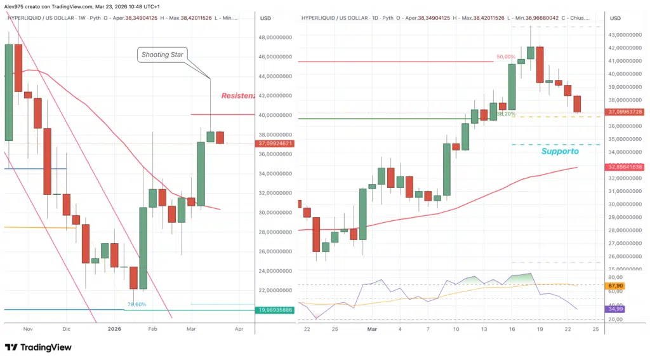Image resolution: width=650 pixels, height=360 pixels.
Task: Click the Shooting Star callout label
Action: pyautogui.click(x=162, y=55)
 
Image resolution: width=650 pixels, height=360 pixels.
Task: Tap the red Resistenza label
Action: pyautogui.click(x=238, y=96)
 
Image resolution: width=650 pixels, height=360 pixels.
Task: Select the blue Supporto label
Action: pyautogui.click(x=559, y=152)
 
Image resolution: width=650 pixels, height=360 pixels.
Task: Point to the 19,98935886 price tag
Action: pyautogui.click(x=275, y=310)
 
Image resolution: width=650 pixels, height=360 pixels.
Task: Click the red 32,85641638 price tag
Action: pyautogui.click(x=625, y=167)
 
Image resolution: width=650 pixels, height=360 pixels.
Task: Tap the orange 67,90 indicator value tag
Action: pyautogui.click(x=615, y=286)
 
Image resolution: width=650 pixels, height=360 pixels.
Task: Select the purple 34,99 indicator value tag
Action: pyautogui.click(x=615, y=309)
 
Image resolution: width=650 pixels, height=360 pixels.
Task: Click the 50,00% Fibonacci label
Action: pyautogui.click(x=506, y=57)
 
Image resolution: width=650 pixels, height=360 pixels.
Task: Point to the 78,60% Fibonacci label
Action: pyautogui.click(x=136, y=305)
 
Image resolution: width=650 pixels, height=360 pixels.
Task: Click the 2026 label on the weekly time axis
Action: pyautogui.click(x=114, y=330)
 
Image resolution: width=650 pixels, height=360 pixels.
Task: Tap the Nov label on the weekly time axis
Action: pyautogui.click(x=27, y=330)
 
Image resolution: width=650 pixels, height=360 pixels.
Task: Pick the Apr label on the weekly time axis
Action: pyautogui.click(x=239, y=330)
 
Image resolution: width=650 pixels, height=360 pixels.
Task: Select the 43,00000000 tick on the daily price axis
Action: pyautogui.click(x=625, y=35)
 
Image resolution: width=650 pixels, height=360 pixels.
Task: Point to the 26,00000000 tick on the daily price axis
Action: pyautogui.click(x=625, y=257)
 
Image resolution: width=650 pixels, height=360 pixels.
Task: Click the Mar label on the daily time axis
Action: pyautogui.click(x=372, y=330)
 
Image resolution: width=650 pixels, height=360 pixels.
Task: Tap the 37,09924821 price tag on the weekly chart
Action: pyautogui.click(x=275, y=143)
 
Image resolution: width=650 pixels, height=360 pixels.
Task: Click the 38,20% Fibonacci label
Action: pyautogui.click(x=505, y=114)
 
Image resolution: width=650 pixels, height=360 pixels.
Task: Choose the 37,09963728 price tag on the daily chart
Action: pyautogui.click(x=625, y=112)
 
